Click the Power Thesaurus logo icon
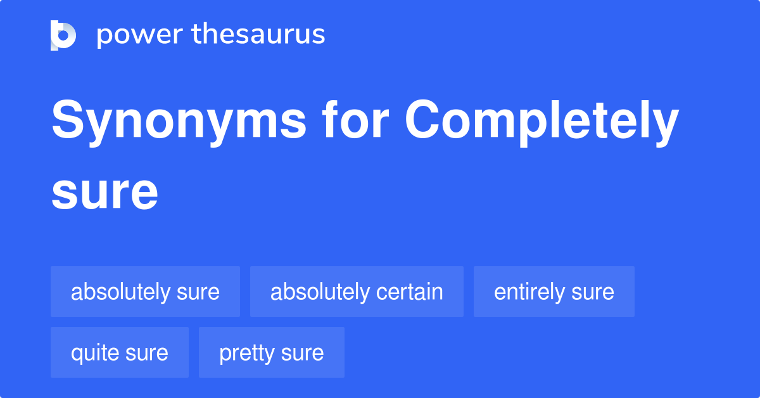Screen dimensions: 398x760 [63, 35]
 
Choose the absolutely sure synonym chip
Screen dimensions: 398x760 [145, 292]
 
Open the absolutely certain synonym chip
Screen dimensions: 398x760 [357, 292]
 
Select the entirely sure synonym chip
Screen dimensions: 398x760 [554, 292]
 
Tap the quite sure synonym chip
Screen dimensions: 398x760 [119, 353]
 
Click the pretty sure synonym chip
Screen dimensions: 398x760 [271, 353]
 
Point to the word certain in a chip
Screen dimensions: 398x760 [409, 292]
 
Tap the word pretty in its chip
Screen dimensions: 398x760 [246, 353]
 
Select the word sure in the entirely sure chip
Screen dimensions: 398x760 [592, 292]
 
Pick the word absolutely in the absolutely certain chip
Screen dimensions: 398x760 [320, 292]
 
